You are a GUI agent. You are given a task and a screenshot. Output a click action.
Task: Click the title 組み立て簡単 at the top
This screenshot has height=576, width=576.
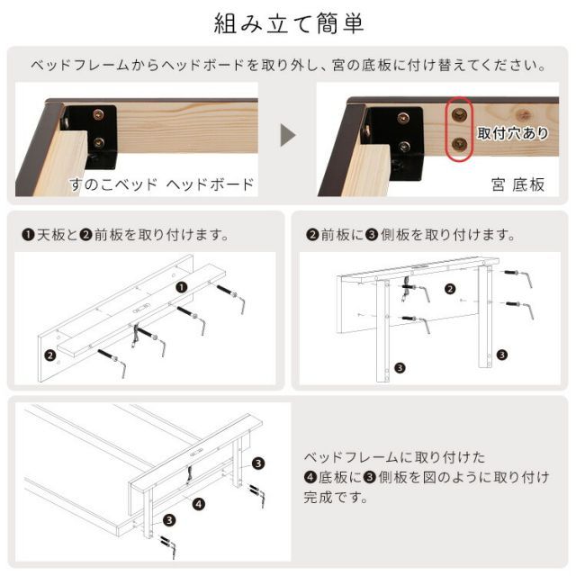(288, 23)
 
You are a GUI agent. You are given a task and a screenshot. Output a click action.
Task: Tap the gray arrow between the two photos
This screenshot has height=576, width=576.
(287, 136)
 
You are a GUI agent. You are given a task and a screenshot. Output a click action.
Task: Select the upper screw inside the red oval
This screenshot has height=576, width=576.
(460, 115)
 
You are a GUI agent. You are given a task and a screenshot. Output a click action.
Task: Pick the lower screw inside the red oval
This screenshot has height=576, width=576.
(460, 144)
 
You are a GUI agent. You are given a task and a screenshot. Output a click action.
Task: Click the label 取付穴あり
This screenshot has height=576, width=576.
(512, 134)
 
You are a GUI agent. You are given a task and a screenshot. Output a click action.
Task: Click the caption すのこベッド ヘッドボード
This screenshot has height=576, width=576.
(162, 185)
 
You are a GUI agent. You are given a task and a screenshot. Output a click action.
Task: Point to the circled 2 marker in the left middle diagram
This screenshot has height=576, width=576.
(50, 355)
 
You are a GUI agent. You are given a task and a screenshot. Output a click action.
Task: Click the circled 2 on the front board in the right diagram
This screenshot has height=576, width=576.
(451, 290)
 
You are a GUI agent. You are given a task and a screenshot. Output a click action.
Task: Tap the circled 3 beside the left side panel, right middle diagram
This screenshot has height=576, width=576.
(400, 366)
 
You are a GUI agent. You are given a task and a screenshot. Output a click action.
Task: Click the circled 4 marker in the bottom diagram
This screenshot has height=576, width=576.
(197, 504)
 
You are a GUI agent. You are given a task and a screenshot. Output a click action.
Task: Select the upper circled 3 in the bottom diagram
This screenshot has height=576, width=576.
(258, 463)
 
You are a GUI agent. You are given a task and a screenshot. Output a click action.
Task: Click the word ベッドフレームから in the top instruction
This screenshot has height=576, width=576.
(90, 66)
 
